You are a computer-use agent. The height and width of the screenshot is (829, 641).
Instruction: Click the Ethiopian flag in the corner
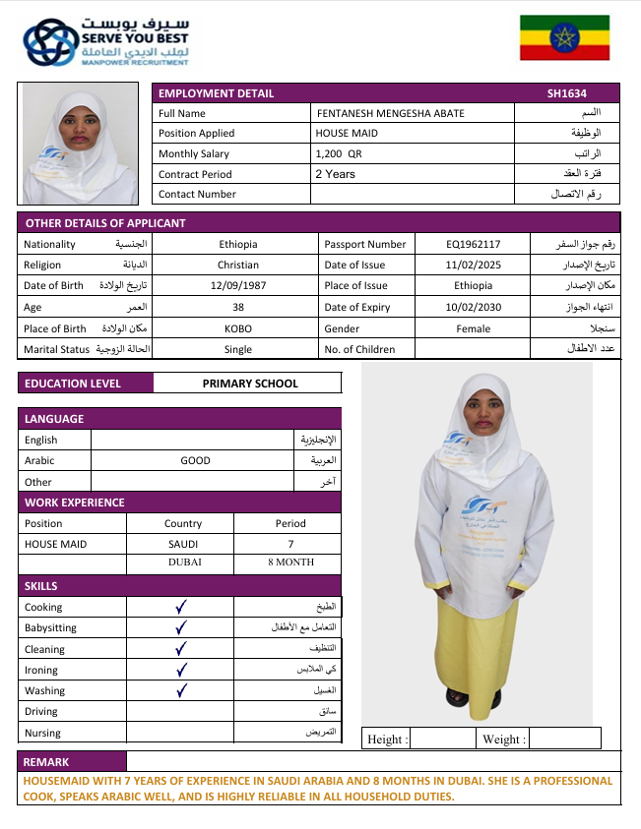(x=564, y=38)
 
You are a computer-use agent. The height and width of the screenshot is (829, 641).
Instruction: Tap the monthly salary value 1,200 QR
(x=339, y=153)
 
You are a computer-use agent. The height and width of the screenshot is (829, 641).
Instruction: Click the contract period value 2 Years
(x=335, y=174)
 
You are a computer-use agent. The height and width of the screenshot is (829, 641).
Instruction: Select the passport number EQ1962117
(x=473, y=244)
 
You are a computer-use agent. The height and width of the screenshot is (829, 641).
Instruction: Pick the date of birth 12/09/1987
(x=237, y=285)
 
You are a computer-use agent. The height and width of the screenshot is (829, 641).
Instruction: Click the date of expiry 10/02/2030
(x=473, y=307)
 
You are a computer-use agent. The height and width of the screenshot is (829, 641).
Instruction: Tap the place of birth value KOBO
(x=237, y=328)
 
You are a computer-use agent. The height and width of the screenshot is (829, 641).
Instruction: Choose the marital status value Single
(x=237, y=349)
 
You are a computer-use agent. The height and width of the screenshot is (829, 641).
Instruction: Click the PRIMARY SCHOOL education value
(x=249, y=384)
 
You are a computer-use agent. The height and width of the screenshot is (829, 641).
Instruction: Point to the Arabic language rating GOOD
(x=195, y=460)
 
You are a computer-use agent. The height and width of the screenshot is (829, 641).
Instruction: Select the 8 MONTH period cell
(x=290, y=563)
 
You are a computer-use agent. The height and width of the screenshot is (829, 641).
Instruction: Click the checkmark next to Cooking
(x=181, y=608)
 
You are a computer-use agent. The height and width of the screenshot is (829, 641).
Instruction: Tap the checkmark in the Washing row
(x=181, y=690)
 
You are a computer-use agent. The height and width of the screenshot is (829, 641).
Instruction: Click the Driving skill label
(x=41, y=711)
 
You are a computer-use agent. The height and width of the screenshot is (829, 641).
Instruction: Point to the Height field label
(x=387, y=739)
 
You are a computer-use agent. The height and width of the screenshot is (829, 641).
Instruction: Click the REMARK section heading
(x=47, y=761)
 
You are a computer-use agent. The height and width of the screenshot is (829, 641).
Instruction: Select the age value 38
(x=237, y=307)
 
